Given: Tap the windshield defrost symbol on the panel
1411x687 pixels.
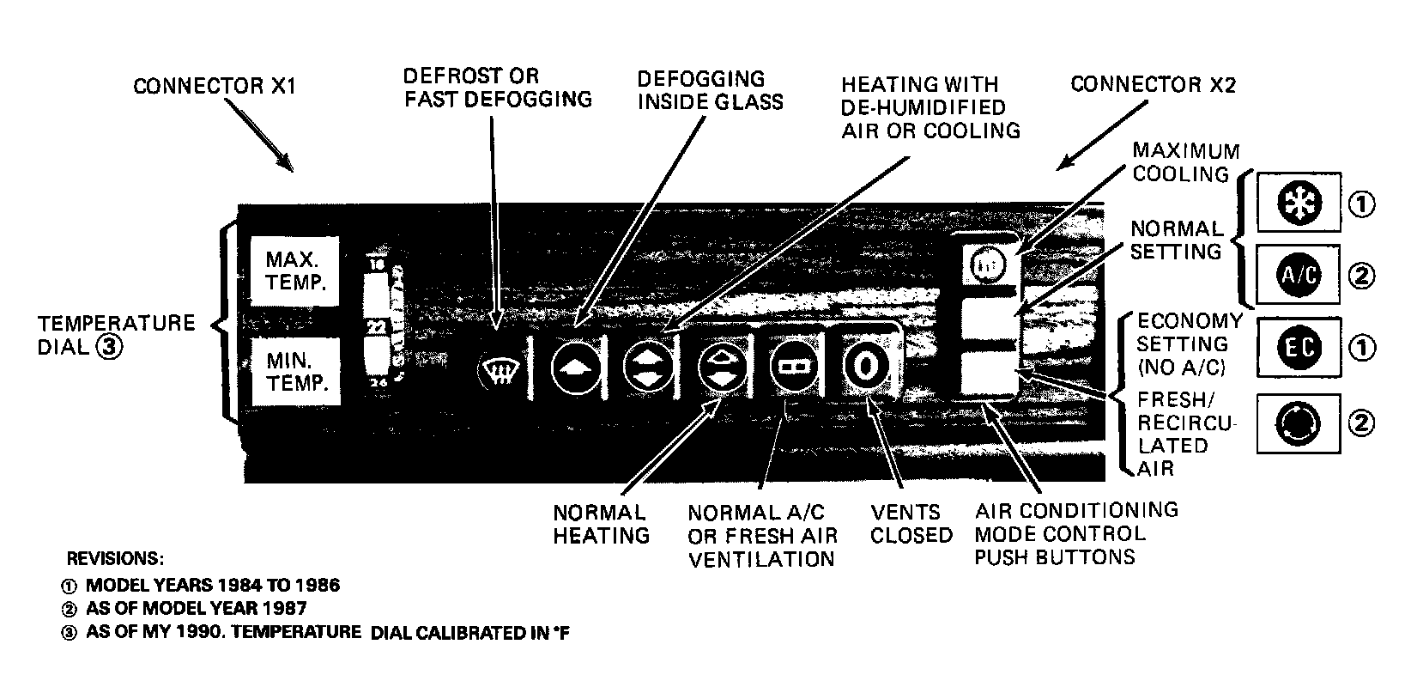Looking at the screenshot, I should pyautogui.click(x=500, y=371).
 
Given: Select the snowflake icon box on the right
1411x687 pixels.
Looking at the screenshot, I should pyautogui.click(x=1298, y=203).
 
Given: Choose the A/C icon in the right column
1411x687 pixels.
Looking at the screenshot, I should pyautogui.click(x=1298, y=276).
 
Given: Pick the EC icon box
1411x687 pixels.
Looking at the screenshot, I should pyautogui.click(x=1298, y=348).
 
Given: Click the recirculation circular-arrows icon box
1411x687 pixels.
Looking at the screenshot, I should pyautogui.click(x=1298, y=423).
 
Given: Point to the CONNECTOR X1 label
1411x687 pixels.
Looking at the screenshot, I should pyautogui.click(x=215, y=87).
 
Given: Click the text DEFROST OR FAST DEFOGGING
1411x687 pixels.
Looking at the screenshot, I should pyautogui.click(x=498, y=88).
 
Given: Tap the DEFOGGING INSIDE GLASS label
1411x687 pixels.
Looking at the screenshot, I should pyautogui.click(x=710, y=90).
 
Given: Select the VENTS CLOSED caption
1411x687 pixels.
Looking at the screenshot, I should pyautogui.click(x=911, y=524).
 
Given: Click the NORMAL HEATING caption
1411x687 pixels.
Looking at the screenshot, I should pyautogui.click(x=601, y=524).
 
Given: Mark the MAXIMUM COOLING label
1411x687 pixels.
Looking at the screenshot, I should pyautogui.click(x=1186, y=162).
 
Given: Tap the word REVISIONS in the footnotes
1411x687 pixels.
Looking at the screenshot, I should pyautogui.click(x=115, y=558).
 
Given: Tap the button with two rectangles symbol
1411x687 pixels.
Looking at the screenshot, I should pyautogui.click(x=792, y=367).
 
